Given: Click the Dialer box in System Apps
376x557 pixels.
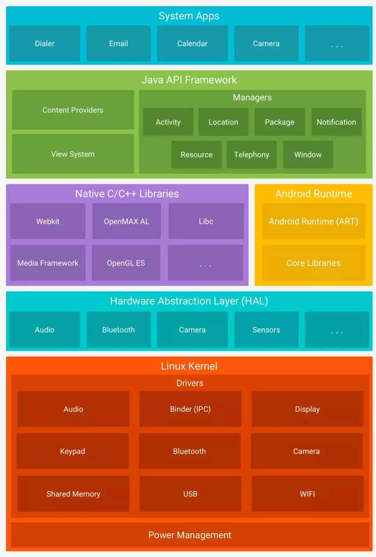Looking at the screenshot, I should (x=44, y=43).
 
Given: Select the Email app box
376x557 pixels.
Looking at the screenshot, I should (x=118, y=43).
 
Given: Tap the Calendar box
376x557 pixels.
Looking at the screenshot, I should (x=192, y=43).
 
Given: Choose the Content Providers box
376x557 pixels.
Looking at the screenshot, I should (x=73, y=110).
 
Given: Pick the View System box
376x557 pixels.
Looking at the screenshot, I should (x=73, y=154).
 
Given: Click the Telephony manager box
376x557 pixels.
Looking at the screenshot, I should (x=251, y=155).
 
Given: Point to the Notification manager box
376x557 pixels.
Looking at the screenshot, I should (x=336, y=122).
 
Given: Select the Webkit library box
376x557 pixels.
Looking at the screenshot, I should (x=48, y=221).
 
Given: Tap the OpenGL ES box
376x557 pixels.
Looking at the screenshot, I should (x=126, y=263).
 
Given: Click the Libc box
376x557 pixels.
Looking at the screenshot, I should (x=206, y=221).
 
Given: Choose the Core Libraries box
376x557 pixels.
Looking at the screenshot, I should (x=313, y=263).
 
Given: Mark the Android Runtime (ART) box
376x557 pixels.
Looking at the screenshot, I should (x=313, y=221).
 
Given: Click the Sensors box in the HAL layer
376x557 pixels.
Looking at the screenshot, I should (x=266, y=330).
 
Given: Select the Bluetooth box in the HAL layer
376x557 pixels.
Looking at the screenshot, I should (x=118, y=330).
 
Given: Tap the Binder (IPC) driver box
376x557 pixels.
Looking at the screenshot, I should (x=190, y=409).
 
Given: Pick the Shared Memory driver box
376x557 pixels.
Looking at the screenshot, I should (x=73, y=494).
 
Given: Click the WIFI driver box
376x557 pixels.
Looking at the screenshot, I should (x=307, y=494).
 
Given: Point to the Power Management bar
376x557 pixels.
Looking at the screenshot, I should (x=190, y=535).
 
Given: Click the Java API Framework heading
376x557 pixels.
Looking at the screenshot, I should (x=189, y=80).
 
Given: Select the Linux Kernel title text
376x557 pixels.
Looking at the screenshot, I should (x=189, y=366).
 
